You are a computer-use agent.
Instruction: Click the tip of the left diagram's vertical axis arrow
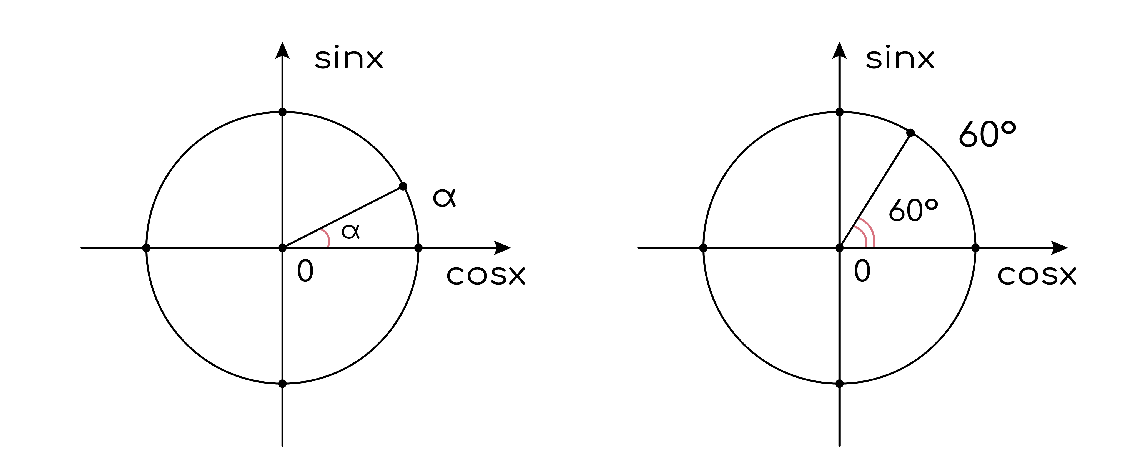(282, 42)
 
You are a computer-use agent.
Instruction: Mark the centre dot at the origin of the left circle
(282, 248)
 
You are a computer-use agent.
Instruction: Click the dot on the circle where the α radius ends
(403, 186)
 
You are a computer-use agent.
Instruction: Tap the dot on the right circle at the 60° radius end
(911, 133)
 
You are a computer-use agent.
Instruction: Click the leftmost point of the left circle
(146, 248)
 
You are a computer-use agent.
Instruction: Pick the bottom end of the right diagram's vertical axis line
(839, 446)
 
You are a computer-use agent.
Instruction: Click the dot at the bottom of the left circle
(282, 384)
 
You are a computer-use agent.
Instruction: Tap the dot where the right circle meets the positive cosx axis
(976, 248)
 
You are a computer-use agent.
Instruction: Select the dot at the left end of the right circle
(703, 248)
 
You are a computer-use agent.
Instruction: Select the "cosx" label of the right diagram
(1037, 275)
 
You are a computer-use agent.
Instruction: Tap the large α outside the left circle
(444, 197)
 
